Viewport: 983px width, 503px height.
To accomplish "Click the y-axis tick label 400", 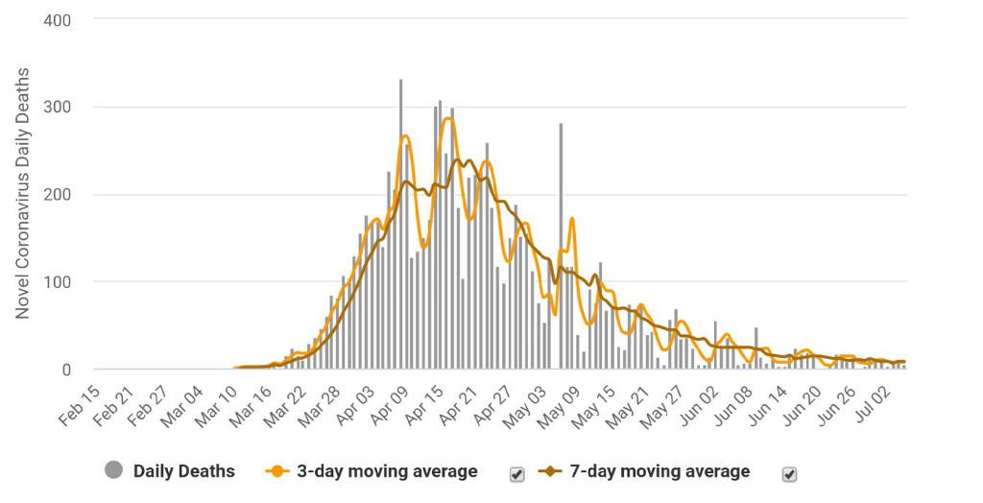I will pyautogui.click(x=57, y=19).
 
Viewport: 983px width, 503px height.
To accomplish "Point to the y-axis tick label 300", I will pyautogui.click(x=57, y=108).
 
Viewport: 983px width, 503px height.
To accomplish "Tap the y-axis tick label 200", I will pyautogui.click(x=57, y=195).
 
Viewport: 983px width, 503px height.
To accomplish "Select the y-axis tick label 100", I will pyautogui.click(x=57, y=282).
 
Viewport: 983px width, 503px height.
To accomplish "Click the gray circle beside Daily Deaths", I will pyautogui.click(x=115, y=470).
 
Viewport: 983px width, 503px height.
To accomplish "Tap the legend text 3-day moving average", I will pyautogui.click(x=386, y=471).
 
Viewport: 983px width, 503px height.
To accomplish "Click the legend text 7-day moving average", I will pyautogui.click(x=659, y=471).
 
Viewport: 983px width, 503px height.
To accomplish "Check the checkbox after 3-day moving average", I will pyautogui.click(x=516, y=473).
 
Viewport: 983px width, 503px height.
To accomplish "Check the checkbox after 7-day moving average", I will pyautogui.click(x=790, y=473).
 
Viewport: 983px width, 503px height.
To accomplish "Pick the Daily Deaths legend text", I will pyautogui.click(x=183, y=471).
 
